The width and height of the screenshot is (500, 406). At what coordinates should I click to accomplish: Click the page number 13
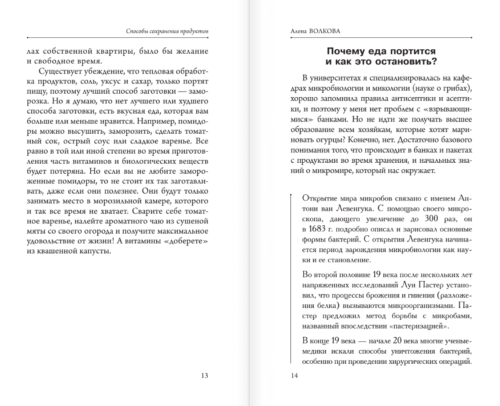coord(204,375)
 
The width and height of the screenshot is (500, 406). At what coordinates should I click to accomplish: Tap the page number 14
coord(294,375)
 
